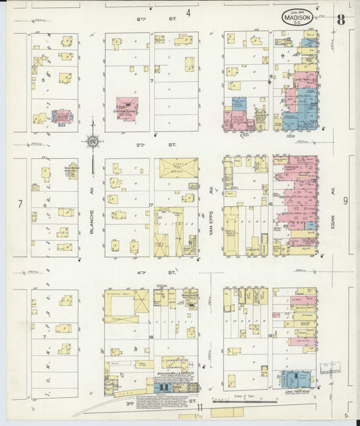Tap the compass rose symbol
coord(93,142)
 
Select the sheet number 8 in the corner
coord(341,19)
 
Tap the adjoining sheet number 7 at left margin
coord(20,203)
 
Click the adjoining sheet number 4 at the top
coord(188,12)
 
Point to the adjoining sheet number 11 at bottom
coord(201,407)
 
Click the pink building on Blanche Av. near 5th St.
coord(126,107)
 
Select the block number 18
coord(151,336)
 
